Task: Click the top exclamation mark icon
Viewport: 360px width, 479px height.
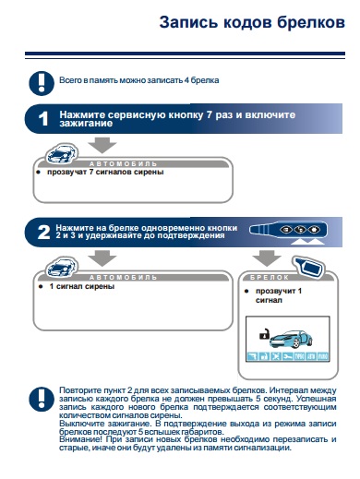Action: coord(42,83)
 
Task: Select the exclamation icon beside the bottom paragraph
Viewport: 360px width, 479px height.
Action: coord(42,399)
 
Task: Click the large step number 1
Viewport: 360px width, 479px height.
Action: coord(43,119)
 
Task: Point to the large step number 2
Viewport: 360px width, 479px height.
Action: coord(43,233)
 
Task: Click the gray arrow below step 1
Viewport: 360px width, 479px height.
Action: coord(102,145)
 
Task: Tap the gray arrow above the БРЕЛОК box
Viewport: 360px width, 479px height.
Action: coord(267,258)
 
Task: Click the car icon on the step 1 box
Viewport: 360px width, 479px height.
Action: coord(62,153)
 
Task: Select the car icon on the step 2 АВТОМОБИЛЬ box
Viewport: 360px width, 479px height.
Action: coord(62,267)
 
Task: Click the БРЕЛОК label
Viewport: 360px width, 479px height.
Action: coord(270,277)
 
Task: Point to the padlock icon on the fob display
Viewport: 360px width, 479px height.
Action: coord(264,334)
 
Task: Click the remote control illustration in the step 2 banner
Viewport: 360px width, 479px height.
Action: coord(288,230)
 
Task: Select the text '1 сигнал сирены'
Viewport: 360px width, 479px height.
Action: coord(82,286)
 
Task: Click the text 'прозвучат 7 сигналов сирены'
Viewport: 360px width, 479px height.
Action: coord(105,172)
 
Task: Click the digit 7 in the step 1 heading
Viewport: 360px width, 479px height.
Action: coord(210,115)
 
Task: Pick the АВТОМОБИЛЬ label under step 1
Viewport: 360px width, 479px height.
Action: coord(123,163)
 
